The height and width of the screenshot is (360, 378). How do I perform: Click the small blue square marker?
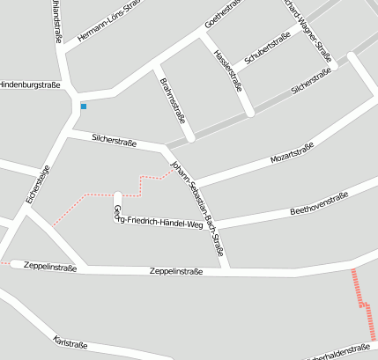point(84,107)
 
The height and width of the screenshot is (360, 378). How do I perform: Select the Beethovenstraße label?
point(319,204)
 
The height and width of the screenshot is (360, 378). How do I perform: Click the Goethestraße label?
point(223,14)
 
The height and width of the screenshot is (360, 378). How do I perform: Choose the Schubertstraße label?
point(267,50)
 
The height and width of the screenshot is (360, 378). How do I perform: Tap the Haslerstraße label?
point(227,69)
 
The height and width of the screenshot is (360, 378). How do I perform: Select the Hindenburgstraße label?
point(29,84)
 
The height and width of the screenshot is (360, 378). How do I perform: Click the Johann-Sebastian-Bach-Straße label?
point(196,209)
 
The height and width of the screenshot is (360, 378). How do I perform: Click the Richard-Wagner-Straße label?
point(308,29)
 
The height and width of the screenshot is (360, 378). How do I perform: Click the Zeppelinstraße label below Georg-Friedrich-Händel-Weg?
point(176,271)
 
